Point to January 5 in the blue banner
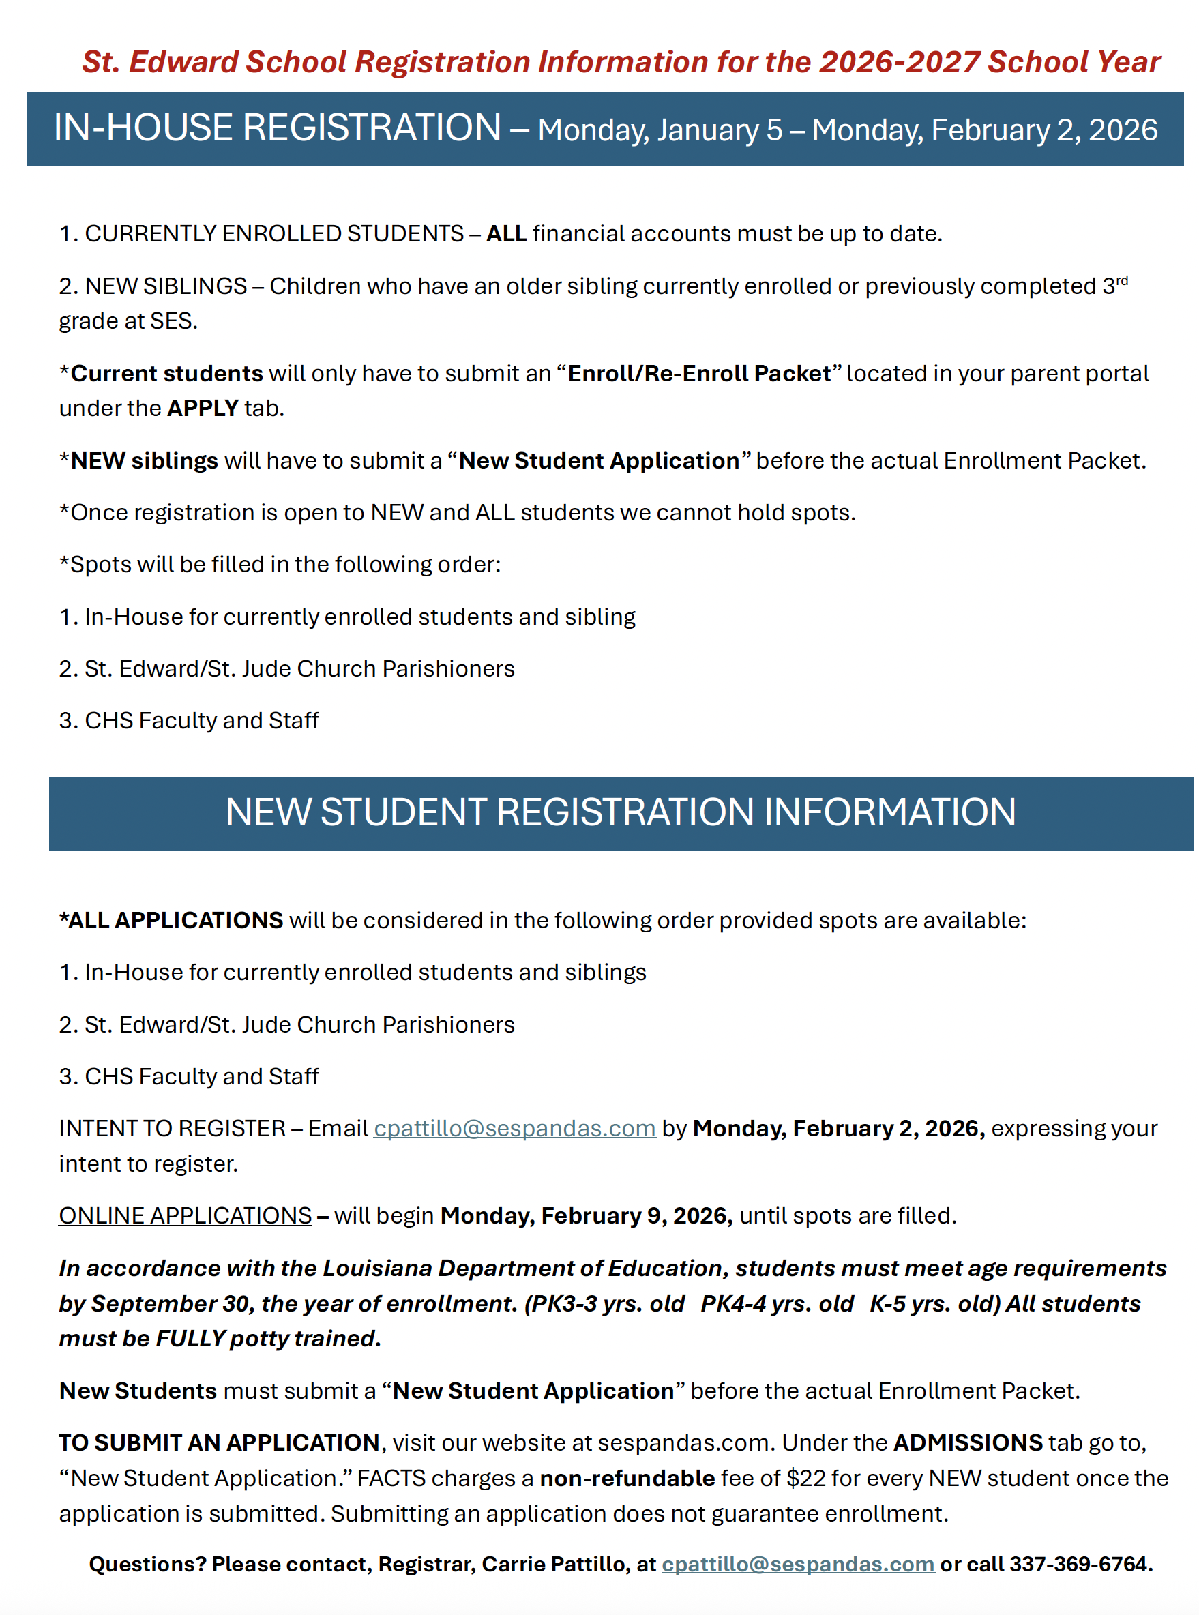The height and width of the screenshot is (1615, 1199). pos(720,131)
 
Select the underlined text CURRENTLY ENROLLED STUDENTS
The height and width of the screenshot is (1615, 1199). pos(273,234)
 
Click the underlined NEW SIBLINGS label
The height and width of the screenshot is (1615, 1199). pos(166,286)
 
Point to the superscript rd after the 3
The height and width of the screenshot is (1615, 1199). pos(1121,280)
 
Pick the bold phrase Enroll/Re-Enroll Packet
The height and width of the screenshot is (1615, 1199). pos(698,373)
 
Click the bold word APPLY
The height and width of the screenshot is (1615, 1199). pos(203,408)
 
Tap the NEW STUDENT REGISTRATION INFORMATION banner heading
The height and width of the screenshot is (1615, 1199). pos(621,812)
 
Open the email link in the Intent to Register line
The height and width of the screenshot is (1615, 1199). pos(514,1128)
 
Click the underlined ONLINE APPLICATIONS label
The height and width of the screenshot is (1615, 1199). pos(185,1215)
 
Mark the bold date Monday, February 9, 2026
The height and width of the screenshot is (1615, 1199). pos(587,1215)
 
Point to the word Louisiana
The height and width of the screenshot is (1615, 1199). pos(377,1268)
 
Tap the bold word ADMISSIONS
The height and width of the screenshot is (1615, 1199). pos(968,1442)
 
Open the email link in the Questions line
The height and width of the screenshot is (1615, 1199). pos(798,1565)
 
